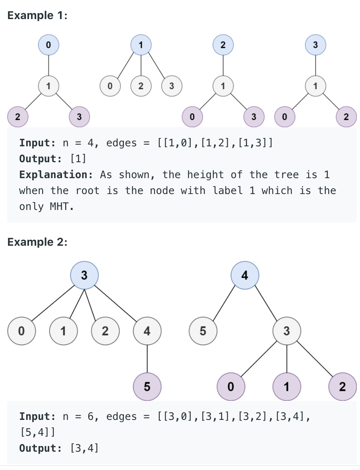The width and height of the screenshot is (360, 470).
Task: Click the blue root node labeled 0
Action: point(48,45)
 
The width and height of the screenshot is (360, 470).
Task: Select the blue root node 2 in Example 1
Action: point(223,45)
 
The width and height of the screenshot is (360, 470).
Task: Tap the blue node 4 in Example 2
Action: point(245,275)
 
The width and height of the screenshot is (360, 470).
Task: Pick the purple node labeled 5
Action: point(147,386)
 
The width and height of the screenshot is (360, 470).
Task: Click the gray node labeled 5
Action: point(203,330)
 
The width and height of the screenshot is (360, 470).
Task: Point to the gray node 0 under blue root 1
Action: point(110,85)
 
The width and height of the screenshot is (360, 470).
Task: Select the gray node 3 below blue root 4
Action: point(286,330)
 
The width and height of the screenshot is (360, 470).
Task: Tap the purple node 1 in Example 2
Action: point(286,386)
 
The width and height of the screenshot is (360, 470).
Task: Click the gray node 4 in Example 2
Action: point(147,330)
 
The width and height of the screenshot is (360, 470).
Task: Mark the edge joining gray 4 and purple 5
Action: point(147,358)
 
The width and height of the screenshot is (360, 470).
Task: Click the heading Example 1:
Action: point(37,16)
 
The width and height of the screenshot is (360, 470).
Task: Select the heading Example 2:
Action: point(37,242)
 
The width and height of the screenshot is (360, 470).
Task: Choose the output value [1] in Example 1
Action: point(78,159)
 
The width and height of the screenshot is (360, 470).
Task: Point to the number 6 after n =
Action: point(90,417)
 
